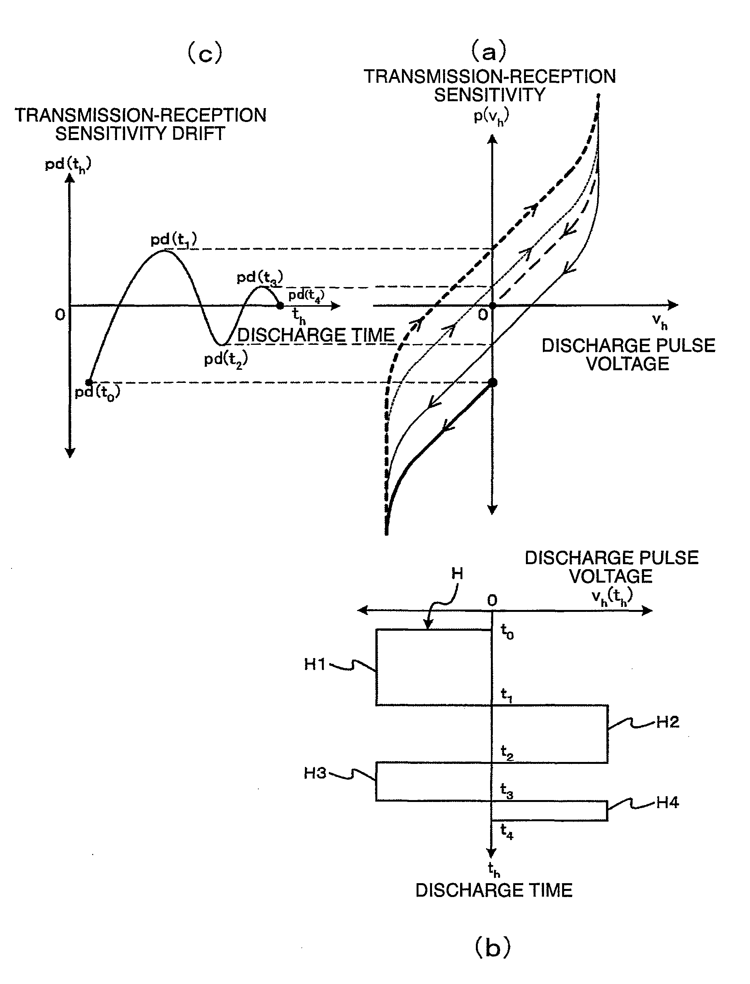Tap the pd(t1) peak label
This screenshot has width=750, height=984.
(173, 240)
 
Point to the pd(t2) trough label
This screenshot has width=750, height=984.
(226, 359)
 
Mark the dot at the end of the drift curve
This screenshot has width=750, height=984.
(280, 306)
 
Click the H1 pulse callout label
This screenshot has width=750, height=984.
(315, 664)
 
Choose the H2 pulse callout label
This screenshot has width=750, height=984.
(667, 722)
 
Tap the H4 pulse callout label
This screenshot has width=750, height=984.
(667, 802)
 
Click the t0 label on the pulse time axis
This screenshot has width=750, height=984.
(507, 631)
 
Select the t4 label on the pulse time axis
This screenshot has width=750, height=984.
(507, 831)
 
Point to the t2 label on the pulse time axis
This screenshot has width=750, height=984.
(507, 752)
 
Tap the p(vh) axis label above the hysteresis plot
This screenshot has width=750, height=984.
(491, 117)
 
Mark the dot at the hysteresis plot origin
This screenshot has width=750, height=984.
(492, 306)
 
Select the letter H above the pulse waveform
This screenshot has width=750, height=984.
(457, 573)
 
